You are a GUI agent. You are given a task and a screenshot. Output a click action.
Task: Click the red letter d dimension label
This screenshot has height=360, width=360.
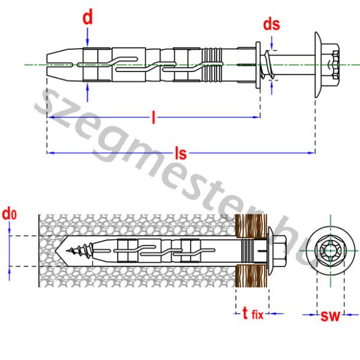coord(88,17)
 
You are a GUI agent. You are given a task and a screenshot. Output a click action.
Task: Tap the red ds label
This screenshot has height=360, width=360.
coord(271,25)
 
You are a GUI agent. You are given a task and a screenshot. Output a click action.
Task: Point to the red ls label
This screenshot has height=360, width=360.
coord(180,153)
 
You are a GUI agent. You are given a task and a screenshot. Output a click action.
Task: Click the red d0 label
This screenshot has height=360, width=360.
coord(9,216)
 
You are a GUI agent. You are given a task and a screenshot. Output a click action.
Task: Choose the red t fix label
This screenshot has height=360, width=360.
coord(252,314)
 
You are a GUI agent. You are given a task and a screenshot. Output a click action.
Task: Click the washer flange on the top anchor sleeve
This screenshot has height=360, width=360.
coord(257,64)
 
